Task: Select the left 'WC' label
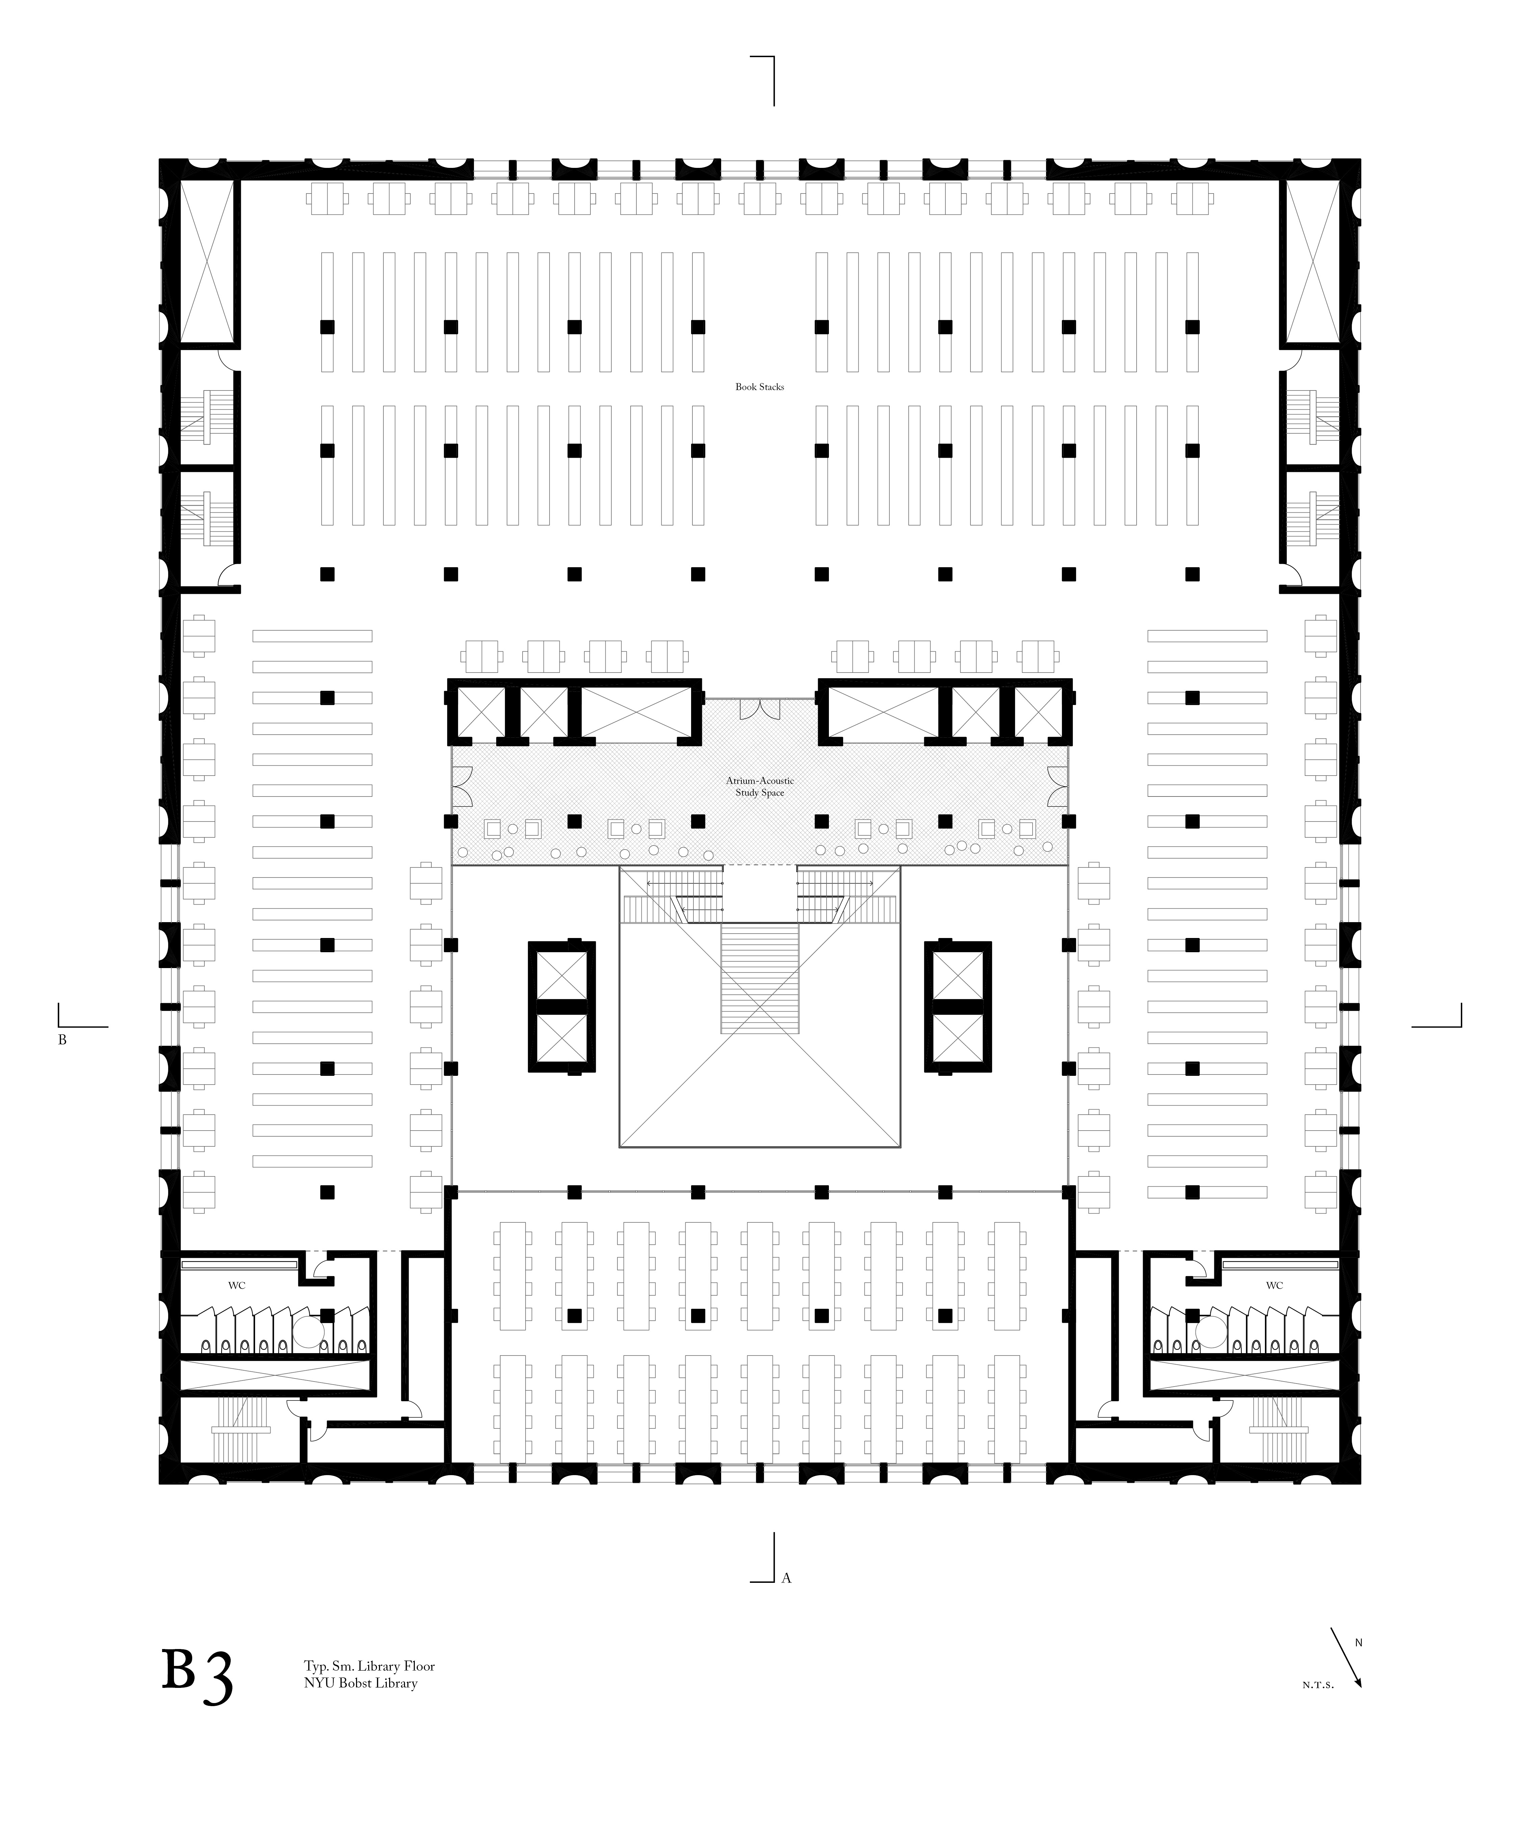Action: (236, 1286)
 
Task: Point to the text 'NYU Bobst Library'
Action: (360, 1683)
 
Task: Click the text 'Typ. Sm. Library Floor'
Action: (369, 1666)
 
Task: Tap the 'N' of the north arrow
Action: (1359, 1643)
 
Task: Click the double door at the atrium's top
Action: (760, 710)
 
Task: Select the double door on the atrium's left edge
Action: (461, 786)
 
